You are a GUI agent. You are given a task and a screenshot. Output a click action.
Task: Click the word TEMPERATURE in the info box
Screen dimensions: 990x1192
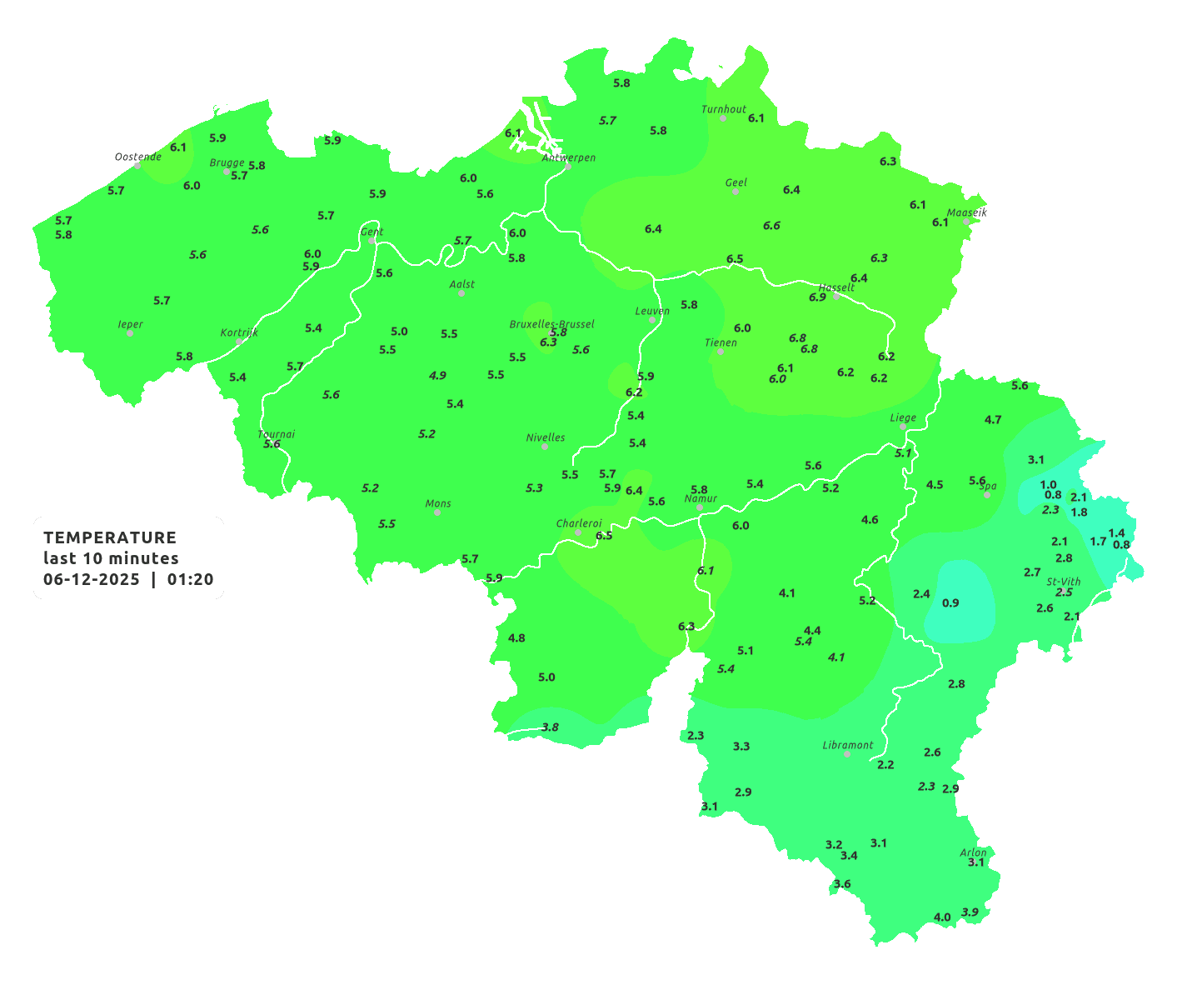point(110,537)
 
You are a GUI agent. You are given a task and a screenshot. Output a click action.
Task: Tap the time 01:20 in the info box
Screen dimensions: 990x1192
point(190,580)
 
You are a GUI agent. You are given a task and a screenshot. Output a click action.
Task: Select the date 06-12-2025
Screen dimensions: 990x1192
point(92,580)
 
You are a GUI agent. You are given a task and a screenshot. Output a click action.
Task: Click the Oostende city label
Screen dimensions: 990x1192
point(137,157)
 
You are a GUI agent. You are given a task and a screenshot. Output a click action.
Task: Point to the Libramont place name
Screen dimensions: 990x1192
point(848,745)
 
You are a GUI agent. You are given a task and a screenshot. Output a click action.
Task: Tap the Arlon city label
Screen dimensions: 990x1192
point(973,852)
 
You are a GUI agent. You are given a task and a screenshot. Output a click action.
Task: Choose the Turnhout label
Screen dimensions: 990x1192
point(724,109)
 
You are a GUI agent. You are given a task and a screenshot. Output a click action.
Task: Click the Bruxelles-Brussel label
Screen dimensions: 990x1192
point(552,323)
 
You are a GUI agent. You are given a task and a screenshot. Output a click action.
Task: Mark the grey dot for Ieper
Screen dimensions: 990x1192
point(130,333)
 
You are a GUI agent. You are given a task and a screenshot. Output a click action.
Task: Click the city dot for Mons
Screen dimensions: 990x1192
point(437,512)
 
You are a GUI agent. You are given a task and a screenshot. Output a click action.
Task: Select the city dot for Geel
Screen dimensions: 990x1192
point(736,192)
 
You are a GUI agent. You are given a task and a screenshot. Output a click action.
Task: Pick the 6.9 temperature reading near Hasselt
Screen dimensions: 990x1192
point(817,297)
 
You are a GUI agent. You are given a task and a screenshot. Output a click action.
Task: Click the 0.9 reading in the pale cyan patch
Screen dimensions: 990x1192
point(950,603)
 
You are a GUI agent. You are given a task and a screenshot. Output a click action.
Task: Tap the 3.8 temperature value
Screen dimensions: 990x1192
point(550,727)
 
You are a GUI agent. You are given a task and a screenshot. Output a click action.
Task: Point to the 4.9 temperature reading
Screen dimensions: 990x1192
point(437,376)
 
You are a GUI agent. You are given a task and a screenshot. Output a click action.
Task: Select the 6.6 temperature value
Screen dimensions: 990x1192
point(771,226)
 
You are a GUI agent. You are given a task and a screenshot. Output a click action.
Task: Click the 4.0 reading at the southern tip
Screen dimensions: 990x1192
point(942,917)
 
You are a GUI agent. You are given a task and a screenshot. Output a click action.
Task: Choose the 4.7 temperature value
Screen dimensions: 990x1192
point(993,420)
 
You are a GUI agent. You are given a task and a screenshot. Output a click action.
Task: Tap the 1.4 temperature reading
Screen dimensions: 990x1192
point(1116,533)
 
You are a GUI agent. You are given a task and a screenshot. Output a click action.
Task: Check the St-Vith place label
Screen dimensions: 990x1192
point(1064,582)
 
